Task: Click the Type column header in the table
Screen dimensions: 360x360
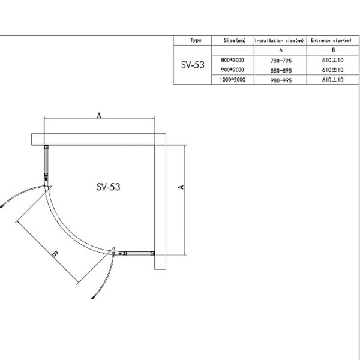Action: pyautogui.click(x=196, y=40)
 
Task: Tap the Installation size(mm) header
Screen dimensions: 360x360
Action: pyautogui.click(x=280, y=40)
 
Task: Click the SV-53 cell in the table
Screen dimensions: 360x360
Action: pyautogui.click(x=193, y=64)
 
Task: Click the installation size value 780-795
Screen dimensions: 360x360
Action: pyautogui.click(x=280, y=60)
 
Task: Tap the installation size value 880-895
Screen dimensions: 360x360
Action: pyautogui.click(x=280, y=70)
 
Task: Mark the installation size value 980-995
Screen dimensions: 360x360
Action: pyautogui.click(x=280, y=79)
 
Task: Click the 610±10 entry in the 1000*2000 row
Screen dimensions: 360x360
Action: pyautogui.click(x=332, y=79)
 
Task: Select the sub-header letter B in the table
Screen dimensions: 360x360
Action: pyautogui.click(x=332, y=50)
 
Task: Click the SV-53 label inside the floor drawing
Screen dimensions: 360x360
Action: pyautogui.click(x=108, y=187)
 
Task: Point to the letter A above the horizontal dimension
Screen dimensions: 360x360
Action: pyautogui.click(x=99, y=117)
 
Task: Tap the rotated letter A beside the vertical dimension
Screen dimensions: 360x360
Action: pyautogui.click(x=181, y=187)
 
